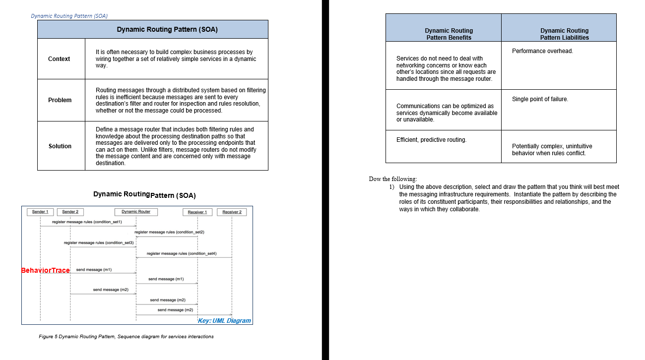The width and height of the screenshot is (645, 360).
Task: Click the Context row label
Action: pos(59,59)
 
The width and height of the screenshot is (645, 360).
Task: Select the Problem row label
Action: pos(60,100)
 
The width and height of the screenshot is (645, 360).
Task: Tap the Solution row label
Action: pos(60,146)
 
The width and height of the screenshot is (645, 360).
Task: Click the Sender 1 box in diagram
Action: pos(40,212)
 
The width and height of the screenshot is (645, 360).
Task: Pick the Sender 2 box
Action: pos(70,212)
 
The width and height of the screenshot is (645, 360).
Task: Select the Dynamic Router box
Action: pos(136,212)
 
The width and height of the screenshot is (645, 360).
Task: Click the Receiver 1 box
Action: pos(197,212)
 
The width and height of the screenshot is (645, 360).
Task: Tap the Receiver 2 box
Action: pos(232,212)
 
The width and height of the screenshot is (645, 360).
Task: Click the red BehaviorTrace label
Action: pos(45,270)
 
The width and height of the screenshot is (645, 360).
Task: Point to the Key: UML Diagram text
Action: pos(224,321)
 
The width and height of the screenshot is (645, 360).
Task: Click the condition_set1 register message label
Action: pos(87,222)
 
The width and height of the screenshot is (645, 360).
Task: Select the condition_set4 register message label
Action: pos(182,253)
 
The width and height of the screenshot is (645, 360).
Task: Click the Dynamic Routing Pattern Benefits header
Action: pos(449,34)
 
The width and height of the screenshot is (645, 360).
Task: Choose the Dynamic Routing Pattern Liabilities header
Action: pos(564,34)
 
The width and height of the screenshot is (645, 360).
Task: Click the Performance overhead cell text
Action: pos(542,51)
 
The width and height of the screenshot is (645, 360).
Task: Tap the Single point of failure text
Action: pos(540,99)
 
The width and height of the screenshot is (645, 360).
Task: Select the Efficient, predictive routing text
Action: pos(431,140)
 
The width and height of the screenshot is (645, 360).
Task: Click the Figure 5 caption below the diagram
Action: pos(126,337)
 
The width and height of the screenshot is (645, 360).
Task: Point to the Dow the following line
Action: pos(393,179)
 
